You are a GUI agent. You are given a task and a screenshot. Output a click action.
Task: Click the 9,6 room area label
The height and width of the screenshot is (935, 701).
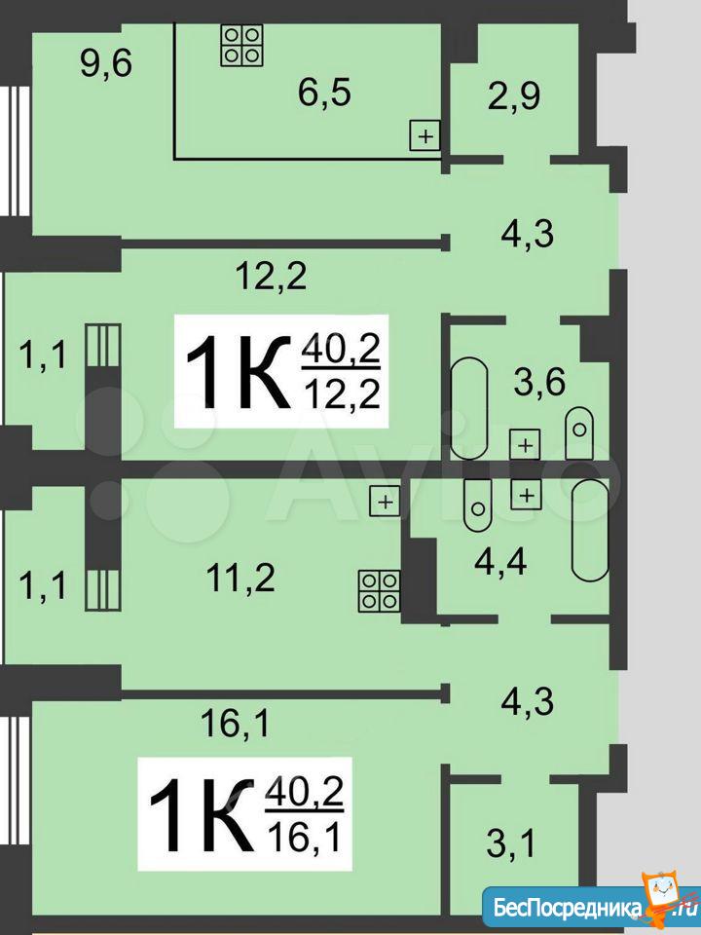pos(106,63)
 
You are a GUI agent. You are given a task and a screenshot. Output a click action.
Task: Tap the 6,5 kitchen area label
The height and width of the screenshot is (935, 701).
pos(325,93)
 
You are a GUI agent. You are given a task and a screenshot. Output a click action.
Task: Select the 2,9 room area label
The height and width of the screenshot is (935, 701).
pos(514,96)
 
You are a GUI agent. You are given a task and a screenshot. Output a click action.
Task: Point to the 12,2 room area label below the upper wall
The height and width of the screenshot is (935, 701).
pos(272,276)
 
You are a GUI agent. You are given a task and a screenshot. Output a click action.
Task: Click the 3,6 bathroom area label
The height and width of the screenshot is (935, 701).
pos(539,382)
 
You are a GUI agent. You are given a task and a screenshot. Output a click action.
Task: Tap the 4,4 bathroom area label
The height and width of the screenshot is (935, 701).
pos(500,562)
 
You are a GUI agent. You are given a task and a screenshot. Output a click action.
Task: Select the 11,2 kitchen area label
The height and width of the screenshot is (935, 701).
pos(240,578)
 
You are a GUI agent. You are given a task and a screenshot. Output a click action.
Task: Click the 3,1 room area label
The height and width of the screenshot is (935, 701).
pos(511,843)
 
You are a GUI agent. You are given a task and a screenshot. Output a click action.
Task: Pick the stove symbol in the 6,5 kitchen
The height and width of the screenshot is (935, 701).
pos(242,46)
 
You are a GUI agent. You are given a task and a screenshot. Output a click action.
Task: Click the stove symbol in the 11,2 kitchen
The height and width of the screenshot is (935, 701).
pos(379,591)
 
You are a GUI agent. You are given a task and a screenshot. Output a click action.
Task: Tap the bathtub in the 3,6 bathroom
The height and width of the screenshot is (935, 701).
pos(469,408)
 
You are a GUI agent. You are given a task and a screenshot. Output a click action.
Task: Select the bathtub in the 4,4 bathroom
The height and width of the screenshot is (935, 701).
pos(590,530)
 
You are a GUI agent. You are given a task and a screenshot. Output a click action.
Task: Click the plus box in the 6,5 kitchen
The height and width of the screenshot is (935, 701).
pos(425,136)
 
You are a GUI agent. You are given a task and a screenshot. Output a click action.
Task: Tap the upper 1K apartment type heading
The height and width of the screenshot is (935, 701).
pos(238,373)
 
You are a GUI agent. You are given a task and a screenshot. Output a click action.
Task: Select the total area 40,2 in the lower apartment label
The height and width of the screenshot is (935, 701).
pos(304,791)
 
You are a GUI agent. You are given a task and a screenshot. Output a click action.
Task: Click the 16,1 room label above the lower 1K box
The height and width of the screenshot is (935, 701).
pos(235,724)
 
